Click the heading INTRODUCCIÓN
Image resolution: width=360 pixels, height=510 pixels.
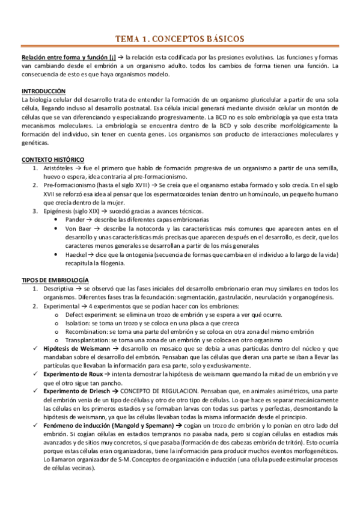43,91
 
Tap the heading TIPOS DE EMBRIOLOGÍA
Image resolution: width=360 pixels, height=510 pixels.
55,280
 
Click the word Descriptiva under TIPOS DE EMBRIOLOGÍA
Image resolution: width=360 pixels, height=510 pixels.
61,289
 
